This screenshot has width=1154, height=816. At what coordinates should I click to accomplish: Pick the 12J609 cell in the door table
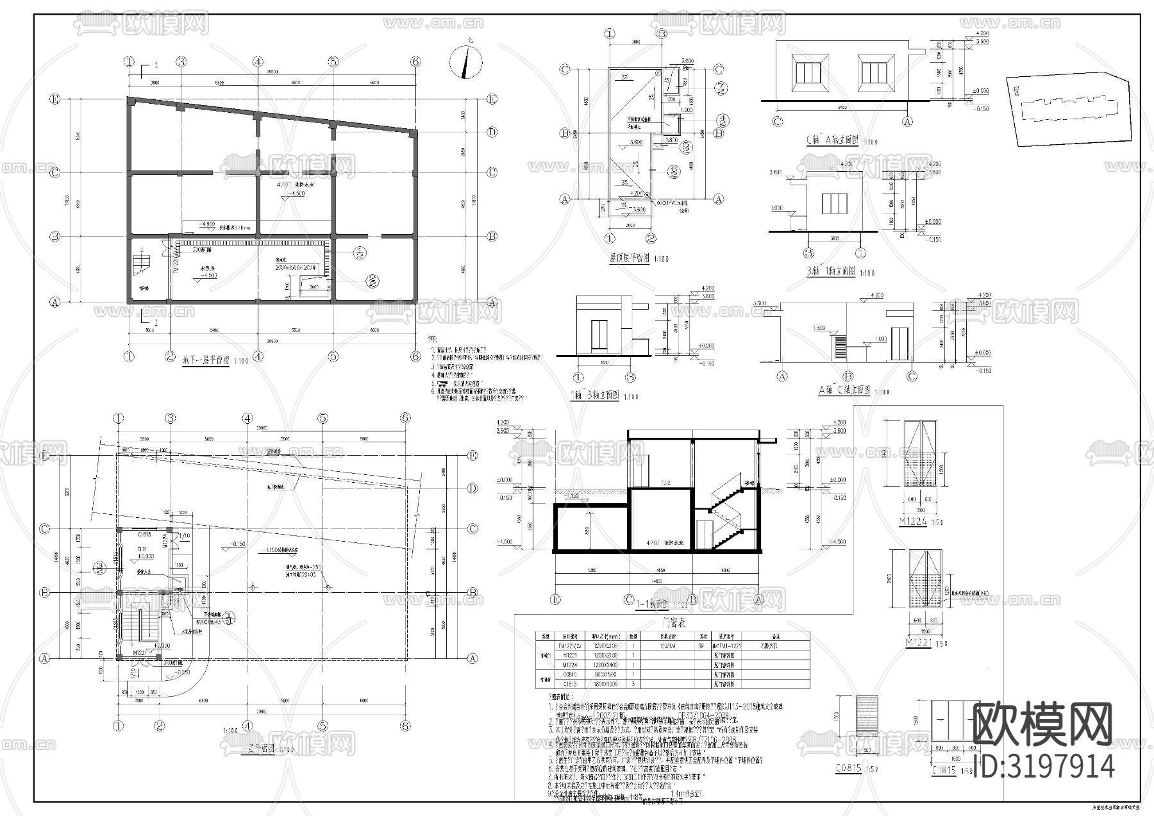pyautogui.click(x=669, y=646)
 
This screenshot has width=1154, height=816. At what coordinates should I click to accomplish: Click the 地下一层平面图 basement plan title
pyautogui.click(x=204, y=360)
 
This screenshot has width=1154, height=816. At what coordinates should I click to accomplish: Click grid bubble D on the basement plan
pyautogui.click(x=492, y=132)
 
